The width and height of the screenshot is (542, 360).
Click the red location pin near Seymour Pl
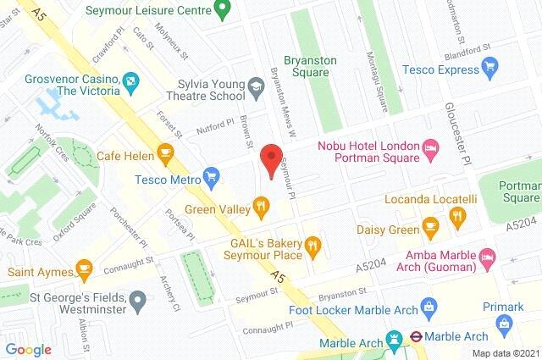point(270,159)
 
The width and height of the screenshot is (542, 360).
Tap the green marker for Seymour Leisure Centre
point(223,11)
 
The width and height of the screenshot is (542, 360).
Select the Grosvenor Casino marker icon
point(131,81)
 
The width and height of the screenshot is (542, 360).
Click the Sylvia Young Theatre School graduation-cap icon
point(254,86)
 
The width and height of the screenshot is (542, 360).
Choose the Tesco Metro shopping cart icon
point(212,179)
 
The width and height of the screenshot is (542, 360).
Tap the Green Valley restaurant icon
point(261,204)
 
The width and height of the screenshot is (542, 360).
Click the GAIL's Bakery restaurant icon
point(312,246)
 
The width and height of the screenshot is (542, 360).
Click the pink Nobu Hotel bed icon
point(430,149)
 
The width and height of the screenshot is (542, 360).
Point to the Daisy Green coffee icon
point(431,227)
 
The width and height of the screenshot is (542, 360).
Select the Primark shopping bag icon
point(505,322)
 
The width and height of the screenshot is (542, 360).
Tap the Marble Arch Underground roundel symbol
point(417,334)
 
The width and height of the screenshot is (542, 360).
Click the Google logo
point(29,348)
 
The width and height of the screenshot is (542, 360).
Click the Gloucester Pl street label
point(465,140)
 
